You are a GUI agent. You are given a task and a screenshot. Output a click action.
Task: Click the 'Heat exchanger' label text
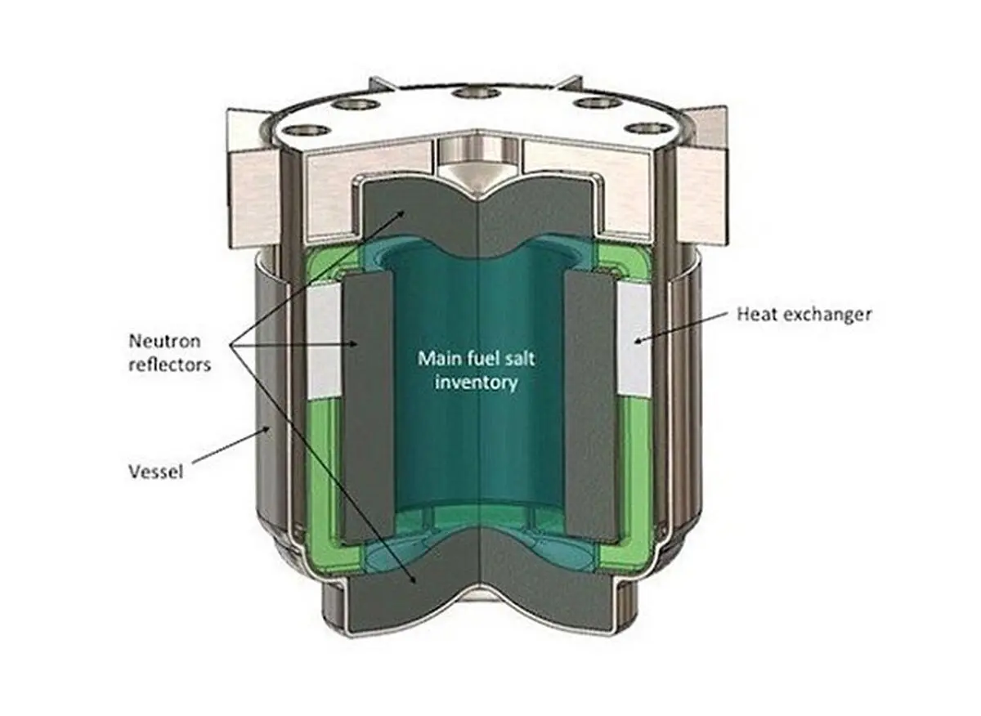point(804,315)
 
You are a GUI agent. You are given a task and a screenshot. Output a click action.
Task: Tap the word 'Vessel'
point(155,472)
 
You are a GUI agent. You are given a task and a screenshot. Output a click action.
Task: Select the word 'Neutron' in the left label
point(164,341)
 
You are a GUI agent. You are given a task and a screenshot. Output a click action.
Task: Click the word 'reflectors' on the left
point(170,365)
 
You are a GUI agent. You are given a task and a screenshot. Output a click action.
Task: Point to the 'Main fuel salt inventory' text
point(476,370)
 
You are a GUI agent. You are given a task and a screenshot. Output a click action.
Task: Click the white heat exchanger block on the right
point(633,338)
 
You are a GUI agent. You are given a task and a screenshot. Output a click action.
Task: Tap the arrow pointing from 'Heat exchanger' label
point(682,327)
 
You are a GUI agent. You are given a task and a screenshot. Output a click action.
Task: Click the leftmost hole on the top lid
point(306,130)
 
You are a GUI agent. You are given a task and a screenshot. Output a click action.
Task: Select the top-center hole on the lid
point(476,93)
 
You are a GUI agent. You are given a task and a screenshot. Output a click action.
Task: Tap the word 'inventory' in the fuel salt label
point(476,383)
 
